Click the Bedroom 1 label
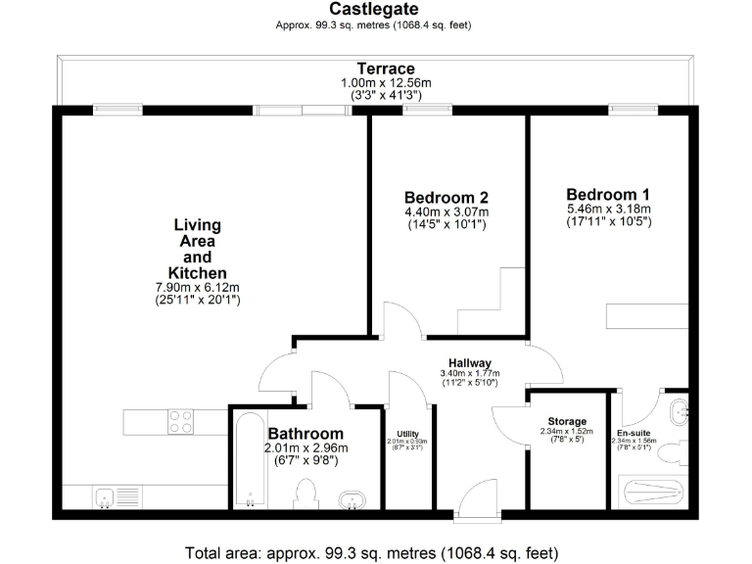pos(607,193)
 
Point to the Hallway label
pos(470,363)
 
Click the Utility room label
pos(407,433)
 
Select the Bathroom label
pos(305,434)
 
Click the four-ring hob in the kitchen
pos(181,422)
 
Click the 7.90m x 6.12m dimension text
pos(197,287)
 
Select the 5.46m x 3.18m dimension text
pos(607,209)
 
